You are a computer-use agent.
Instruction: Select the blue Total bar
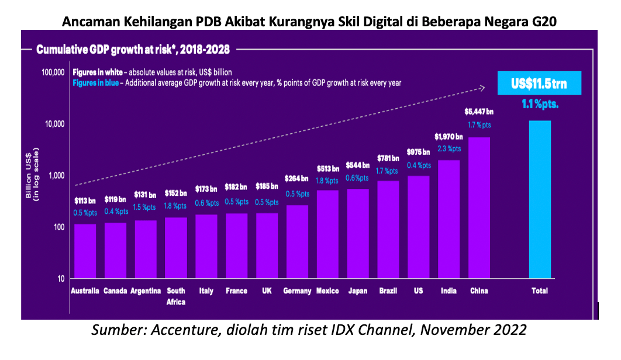[540, 199]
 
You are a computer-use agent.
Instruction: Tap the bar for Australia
[85, 251]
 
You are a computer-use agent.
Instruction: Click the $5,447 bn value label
[479, 111]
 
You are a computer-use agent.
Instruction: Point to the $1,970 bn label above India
[448, 136]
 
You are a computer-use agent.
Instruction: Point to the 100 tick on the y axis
[56, 227]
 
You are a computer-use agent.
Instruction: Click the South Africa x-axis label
[176, 296]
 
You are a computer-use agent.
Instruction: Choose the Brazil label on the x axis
[388, 291]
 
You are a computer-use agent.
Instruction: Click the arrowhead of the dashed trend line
[482, 88]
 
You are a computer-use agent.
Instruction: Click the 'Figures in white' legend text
[97, 72]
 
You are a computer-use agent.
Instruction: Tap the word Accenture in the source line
[182, 330]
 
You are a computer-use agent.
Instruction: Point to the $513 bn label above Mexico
[327, 167]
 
